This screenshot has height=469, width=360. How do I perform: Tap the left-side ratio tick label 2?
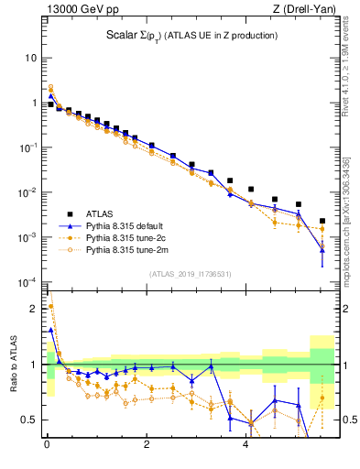(x=34, y=309)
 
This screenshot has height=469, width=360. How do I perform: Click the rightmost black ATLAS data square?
(x=322, y=221)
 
